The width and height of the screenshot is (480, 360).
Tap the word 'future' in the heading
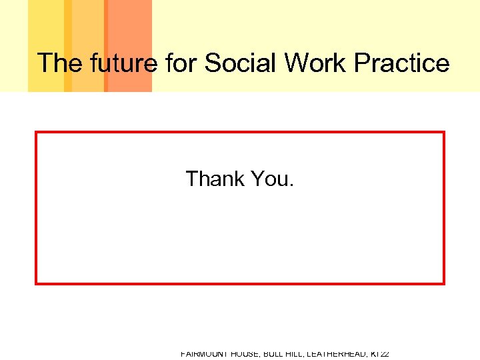point(121,63)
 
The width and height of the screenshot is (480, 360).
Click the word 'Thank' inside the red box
point(215,179)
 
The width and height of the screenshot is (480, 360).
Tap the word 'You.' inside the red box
point(272,179)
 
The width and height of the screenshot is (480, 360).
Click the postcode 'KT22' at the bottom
point(381,355)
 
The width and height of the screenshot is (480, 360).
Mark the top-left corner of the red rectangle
point(36,133)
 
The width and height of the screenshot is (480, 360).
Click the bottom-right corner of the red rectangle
point(443,283)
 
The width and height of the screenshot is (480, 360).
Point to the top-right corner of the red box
point(443,133)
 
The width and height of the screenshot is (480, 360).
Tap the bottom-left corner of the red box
point(36,283)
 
